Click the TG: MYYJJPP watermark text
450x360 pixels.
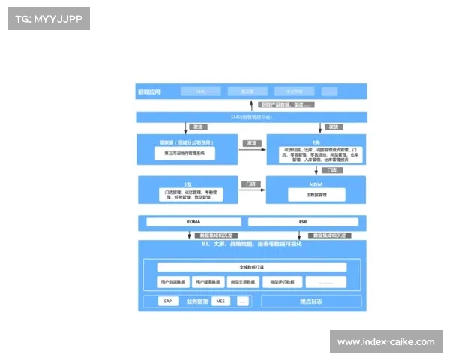(48, 18)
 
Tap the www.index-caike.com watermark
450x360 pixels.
(385, 342)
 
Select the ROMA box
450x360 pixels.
(193, 222)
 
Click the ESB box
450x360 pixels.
(303, 222)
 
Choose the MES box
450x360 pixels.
(220, 301)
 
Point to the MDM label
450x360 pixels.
(316, 183)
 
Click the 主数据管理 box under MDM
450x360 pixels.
(316, 194)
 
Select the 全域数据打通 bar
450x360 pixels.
(251, 267)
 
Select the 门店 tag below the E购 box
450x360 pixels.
(331, 170)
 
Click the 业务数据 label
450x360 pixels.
(196, 301)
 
